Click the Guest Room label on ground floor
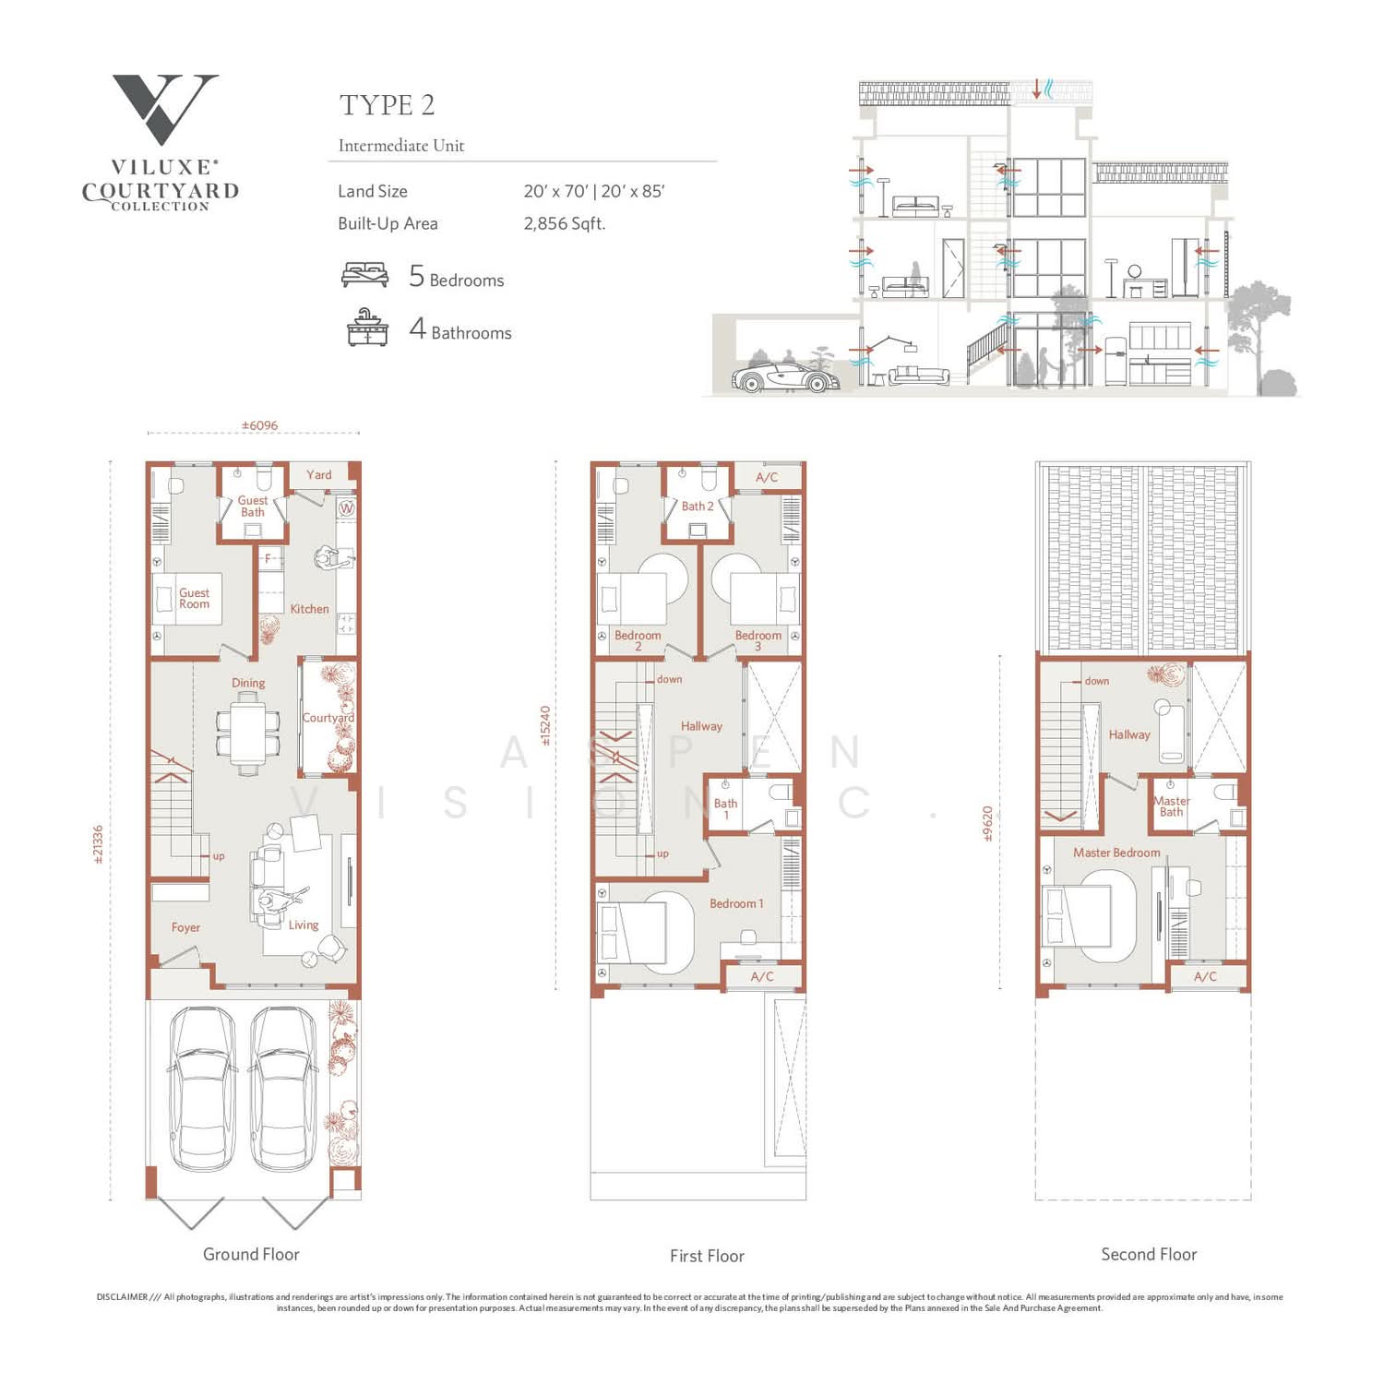tap(194, 598)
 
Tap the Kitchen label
tap(309, 609)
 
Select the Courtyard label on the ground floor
tap(328, 718)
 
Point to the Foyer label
tap(185, 927)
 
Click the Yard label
tap(319, 475)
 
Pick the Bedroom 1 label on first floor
tap(736, 903)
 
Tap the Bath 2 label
tap(698, 506)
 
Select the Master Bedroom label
tap(1116, 853)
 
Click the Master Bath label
tap(1171, 806)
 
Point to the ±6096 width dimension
tap(259, 425)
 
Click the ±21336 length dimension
tap(99, 844)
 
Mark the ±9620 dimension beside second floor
tap(987, 824)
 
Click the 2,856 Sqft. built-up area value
tap(564, 223)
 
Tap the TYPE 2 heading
tap(387, 105)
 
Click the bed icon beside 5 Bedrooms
tap(364, 275)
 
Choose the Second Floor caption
tap(1149, 1254)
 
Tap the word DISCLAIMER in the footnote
tap(122, 1297)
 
